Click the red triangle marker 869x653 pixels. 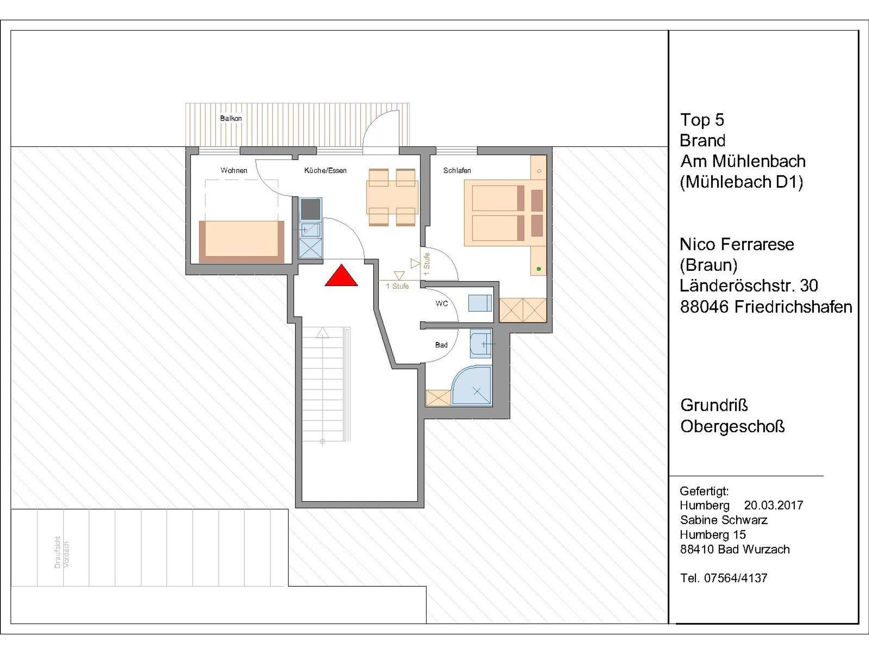[341, 276]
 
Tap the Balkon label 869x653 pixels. [231, 118]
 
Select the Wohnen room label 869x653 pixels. [234, 170]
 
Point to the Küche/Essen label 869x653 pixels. [325, 170]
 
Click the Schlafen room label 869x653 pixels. [457, 170]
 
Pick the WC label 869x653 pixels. [442, 304]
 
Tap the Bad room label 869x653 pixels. [441, 345]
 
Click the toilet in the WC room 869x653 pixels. [480, 304]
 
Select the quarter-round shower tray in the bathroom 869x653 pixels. [472, 385]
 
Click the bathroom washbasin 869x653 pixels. [481, 343]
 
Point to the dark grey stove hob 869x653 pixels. [310, 209]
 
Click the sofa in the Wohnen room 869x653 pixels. [241, 242]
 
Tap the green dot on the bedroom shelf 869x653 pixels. [539, 269]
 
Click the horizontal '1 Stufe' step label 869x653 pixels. [397, 286]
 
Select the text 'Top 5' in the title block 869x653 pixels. [702, 120]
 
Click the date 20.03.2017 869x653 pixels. [774, 505]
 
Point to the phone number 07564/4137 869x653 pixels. [736, 578]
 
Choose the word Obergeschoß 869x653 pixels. [733, 426]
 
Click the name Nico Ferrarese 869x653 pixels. [737, 244]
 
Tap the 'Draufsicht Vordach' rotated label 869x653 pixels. [62, 552]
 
